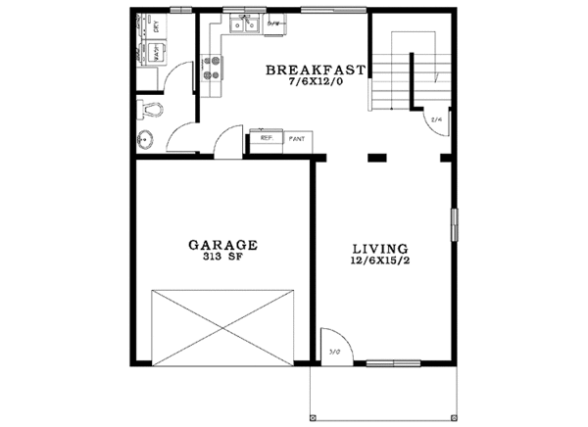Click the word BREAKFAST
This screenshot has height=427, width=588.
317,71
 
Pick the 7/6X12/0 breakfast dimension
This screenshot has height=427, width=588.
317,83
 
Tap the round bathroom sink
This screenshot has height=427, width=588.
145,138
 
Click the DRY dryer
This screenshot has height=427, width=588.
157,27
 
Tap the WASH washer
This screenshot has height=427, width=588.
156,55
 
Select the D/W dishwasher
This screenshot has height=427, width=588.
274,24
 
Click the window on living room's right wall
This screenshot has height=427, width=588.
453,224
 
